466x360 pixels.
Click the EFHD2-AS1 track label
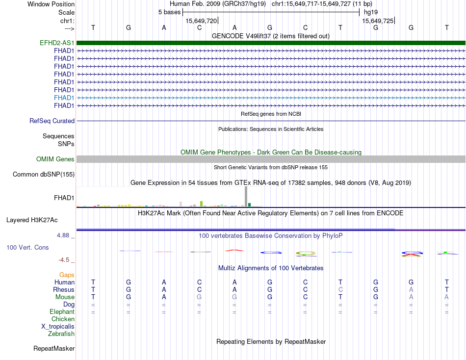[57, 43]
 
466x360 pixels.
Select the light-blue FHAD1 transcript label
[64, 98]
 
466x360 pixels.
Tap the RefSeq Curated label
[52, 121]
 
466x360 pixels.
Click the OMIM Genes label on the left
[55, 159]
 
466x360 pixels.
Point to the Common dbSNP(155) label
[44, 174]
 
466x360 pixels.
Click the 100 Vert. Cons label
[27, 248]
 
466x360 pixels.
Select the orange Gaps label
[67, 275]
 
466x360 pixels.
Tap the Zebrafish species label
[61, 334]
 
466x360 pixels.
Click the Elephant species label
[62, 311]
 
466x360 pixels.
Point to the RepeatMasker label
[54, 348]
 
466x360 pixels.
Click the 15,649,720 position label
[201, 21]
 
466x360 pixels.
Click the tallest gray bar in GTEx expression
[246, 196]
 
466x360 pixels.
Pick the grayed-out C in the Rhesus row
[340, 289]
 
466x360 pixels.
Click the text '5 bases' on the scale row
[169, 12]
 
